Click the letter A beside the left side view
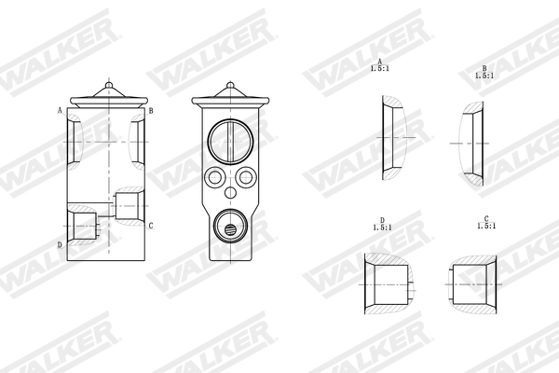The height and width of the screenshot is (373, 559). pos(61,110)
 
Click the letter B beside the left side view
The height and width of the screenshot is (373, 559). pos(151,110)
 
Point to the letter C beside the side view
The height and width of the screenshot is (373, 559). pos(151,226)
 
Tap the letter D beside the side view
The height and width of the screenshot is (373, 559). pos(61,245)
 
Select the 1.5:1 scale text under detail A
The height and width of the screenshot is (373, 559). pos(380,68)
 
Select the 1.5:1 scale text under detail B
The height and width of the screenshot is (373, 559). pos(484,76)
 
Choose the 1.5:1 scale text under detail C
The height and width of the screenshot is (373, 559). pos(485,226)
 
